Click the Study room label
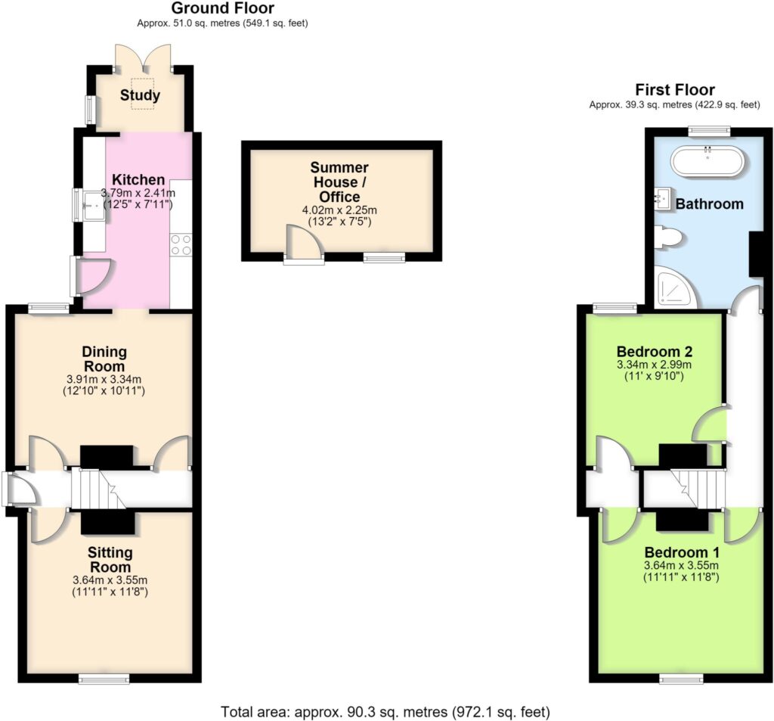coord(140,95)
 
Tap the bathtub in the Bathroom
coord(708,160)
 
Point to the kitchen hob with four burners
coord(181,245)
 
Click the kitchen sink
coord(94,206)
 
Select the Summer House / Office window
coord(384,257)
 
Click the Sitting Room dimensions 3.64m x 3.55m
coord(110,580)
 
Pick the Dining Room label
coord(104,359)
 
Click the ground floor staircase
coord(99,489)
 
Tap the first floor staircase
coord(696,489)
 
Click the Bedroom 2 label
coord(655,352)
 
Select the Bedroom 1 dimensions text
coord(681,570)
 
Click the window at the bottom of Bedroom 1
coord(682,679)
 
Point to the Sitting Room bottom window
coord(104,679)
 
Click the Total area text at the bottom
coord(385,712)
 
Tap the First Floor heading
coord(675,90)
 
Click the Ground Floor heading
coord(223,8)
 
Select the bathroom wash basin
coord(663,199)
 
